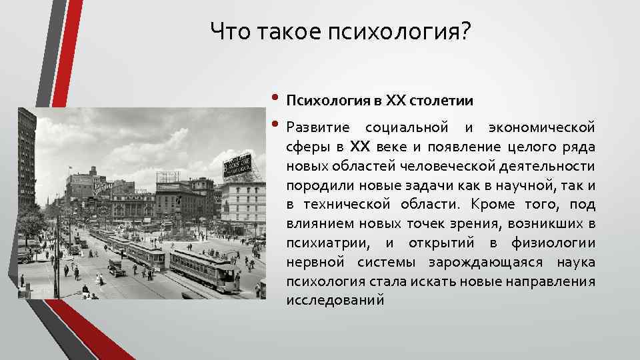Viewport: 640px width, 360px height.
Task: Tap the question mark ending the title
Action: click(464, 31)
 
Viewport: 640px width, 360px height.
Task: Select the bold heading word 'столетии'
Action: click(445, 101)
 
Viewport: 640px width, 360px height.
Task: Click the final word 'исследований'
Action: click(335, 301)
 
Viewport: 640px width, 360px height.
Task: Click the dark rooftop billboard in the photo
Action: click(237, 165)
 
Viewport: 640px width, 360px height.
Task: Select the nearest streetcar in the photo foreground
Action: click(203, 270)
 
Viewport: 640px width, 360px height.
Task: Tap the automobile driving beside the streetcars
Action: click(117, 268)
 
